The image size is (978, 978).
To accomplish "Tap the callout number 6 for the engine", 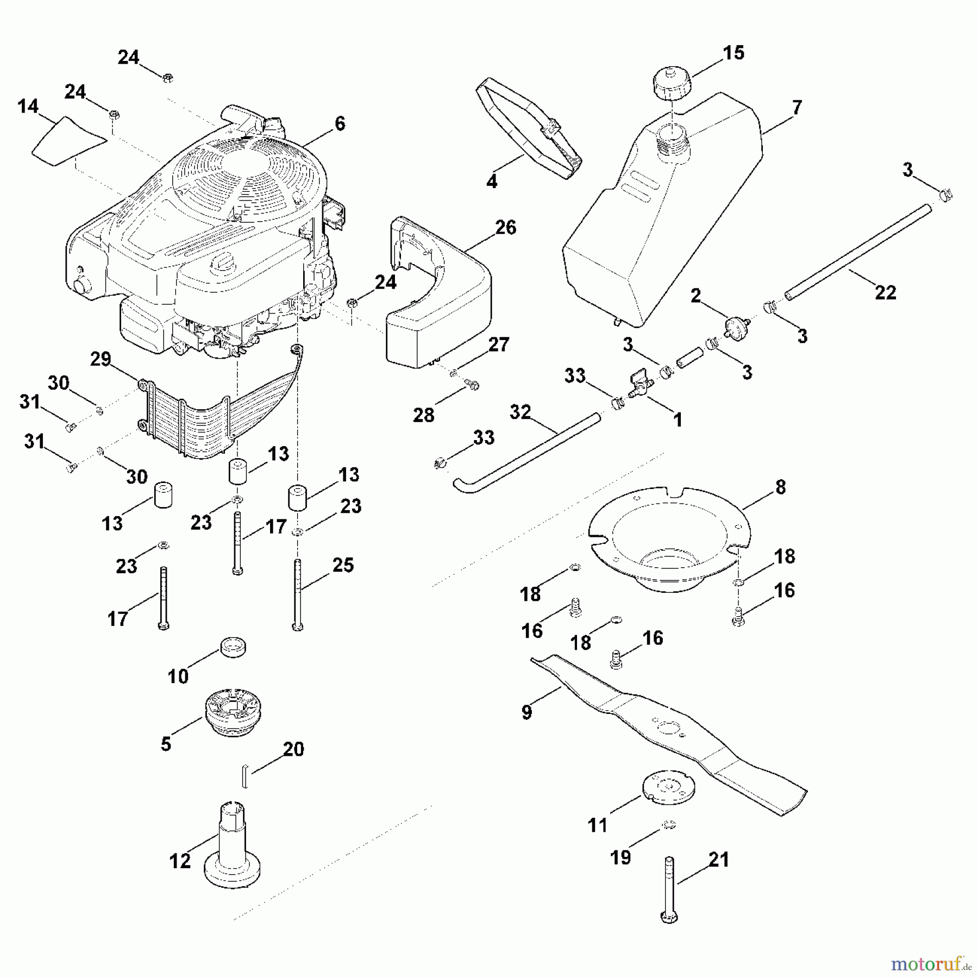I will coord(340,124).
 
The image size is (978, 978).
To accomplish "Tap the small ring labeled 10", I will coord(233,648).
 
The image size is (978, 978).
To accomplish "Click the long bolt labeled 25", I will coord(297,595).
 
